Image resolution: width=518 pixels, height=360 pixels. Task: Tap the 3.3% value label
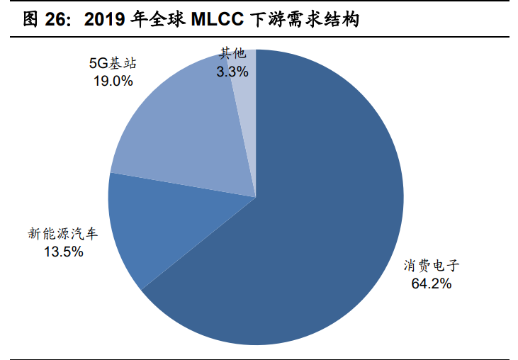pyautogui.click(x=232, y=71)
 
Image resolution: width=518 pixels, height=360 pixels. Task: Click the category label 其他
pyautogui.click(x=232, y=54)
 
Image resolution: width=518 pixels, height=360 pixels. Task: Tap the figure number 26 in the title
pyautogui.click(x=58, y=20)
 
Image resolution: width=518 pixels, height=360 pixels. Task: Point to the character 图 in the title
pyautogui.click(x=30, y=20)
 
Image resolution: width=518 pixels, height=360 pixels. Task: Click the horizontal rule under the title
pyautogui.click(x=259, y=35)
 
